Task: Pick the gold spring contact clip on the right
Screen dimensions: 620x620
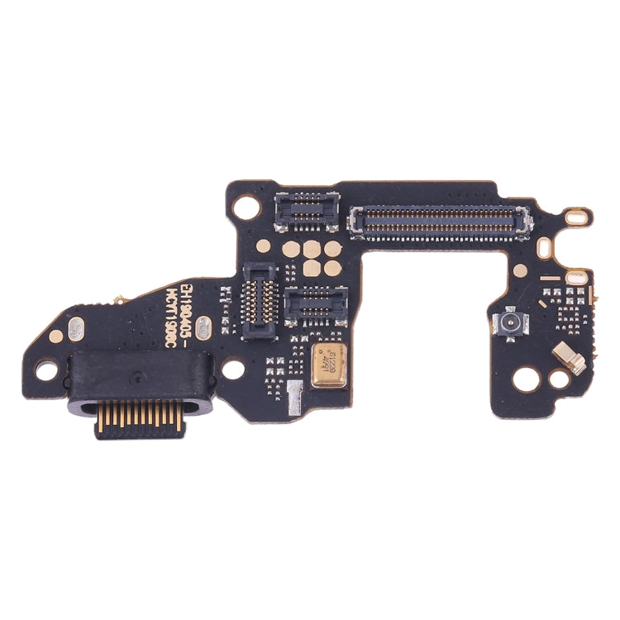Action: tap(570, 358)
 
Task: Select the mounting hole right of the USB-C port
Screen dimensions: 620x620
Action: tap(234, 369)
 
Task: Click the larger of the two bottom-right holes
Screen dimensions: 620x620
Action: tap(527, 379)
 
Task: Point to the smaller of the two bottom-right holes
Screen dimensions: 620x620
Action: tap(560, 380)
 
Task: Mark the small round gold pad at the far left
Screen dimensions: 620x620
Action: tap(56, 336)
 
